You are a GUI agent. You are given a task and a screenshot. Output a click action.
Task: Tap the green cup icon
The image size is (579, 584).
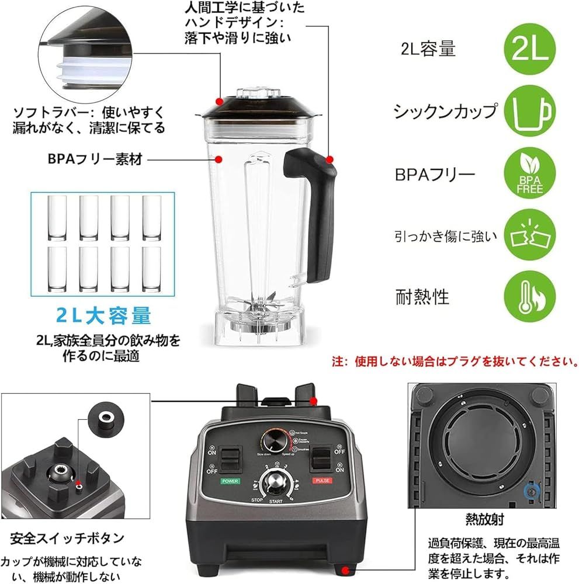coord(529,113)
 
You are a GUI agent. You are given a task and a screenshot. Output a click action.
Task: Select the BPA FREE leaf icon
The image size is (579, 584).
coord(529,175)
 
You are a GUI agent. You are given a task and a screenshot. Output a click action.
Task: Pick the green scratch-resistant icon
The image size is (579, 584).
coord(529,236)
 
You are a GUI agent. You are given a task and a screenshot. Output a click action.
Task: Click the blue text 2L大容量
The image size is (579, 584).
coord(104,316)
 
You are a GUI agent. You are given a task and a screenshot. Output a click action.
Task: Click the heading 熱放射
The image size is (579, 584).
coord(484,518)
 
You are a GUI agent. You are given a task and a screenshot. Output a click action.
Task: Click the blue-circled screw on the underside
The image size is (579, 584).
coord(531,492)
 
